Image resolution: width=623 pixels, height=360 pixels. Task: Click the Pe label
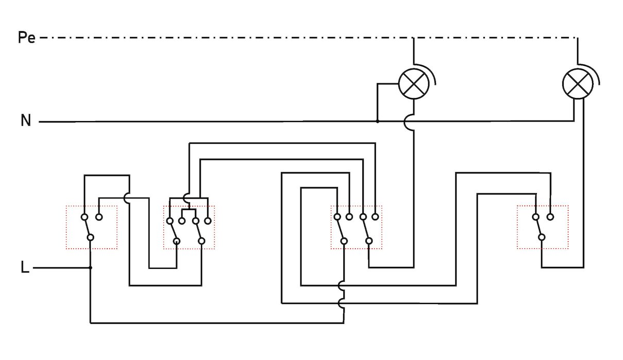coord(26,38)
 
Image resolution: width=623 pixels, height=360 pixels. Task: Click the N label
coord(26,121)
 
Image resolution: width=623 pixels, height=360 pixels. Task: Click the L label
coord(25,268)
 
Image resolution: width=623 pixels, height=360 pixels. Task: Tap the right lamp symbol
coord(576,82)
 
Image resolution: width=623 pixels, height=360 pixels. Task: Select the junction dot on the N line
coord(377,122)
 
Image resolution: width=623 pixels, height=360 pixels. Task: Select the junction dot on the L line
coord(90,268)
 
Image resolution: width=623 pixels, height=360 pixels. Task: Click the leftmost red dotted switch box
coord(92,228)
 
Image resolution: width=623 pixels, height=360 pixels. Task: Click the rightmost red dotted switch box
coord(543,228)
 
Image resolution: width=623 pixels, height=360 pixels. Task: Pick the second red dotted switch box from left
coord(189,228)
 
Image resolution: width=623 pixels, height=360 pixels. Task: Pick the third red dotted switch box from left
coord(356,228)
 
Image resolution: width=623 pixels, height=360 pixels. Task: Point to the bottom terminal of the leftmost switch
coord(90,237)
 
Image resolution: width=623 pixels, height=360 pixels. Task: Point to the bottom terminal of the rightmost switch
coord(542,237)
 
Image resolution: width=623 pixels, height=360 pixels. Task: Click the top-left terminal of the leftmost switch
coord(85,217)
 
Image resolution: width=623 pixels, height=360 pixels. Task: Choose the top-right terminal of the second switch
coord(208,221)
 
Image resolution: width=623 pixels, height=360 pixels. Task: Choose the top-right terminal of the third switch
coord(376,217)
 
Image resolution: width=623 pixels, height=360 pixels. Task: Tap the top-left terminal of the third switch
coord(336,217)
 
